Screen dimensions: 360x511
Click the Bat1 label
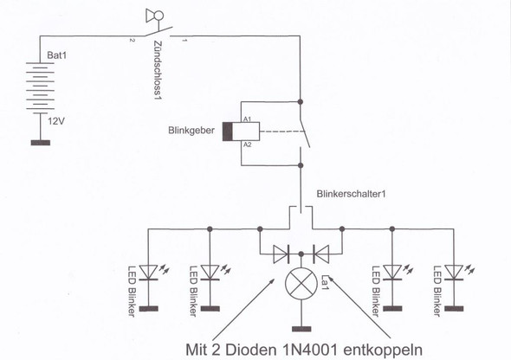[x=58, y=55]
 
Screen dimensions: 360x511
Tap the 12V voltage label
[x=57, y=122]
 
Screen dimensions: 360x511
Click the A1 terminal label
[x=247, y=119]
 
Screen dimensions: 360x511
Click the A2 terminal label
[x=247, y=145]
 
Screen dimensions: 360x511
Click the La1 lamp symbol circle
[x=301, y=282]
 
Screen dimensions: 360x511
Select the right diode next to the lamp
[x=321, y=254]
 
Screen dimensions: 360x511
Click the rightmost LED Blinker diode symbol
[x=451, y=272]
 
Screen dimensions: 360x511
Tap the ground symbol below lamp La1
[x=301, y=330]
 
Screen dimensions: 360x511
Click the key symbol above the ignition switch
[x=156, y=15]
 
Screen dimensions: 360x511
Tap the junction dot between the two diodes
[x=301, y=254]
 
